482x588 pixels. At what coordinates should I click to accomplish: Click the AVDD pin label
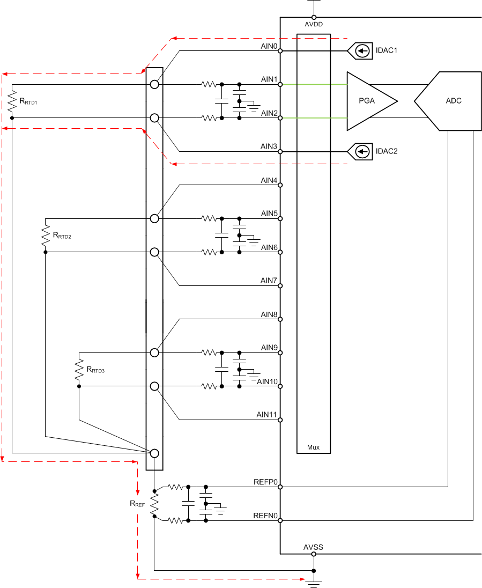click(x=314, y=24)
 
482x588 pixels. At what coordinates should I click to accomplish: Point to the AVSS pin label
click(x=313, y=547)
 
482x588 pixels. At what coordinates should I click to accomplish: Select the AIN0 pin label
click(x=269, y=47)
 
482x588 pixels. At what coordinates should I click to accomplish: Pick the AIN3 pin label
click(x=269, y=147)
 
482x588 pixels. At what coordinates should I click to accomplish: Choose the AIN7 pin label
click(x=269, y=281)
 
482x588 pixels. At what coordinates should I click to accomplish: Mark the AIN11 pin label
click(x=266, y=415)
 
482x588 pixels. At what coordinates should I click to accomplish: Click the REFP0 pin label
click(x=265, y=482)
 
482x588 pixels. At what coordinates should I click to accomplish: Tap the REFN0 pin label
click(x=265, y=516)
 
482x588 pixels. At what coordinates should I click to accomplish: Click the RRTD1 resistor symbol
click(x=12, y=101)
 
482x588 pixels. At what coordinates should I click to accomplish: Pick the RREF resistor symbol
click(x=154, y=504)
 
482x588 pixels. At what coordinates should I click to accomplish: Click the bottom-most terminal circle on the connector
click(x=154, y=453)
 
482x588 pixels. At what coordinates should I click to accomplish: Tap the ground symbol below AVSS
click(x=314, y=583)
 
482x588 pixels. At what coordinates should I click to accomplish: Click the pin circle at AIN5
click(x=280, y=218)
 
